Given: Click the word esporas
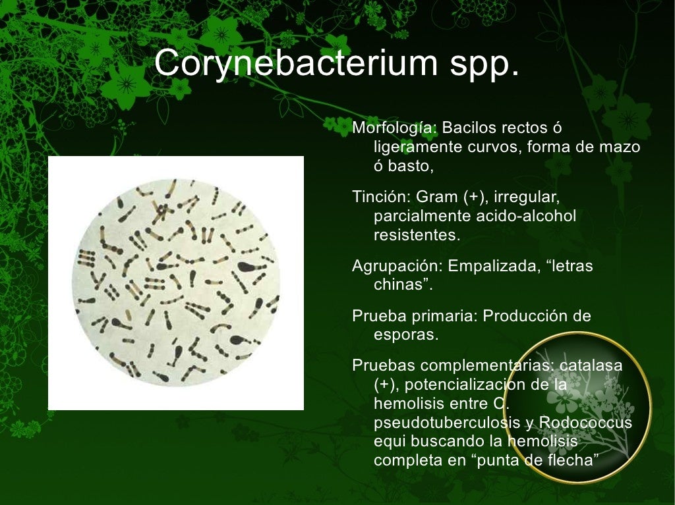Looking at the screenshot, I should (x=405, y=335).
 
